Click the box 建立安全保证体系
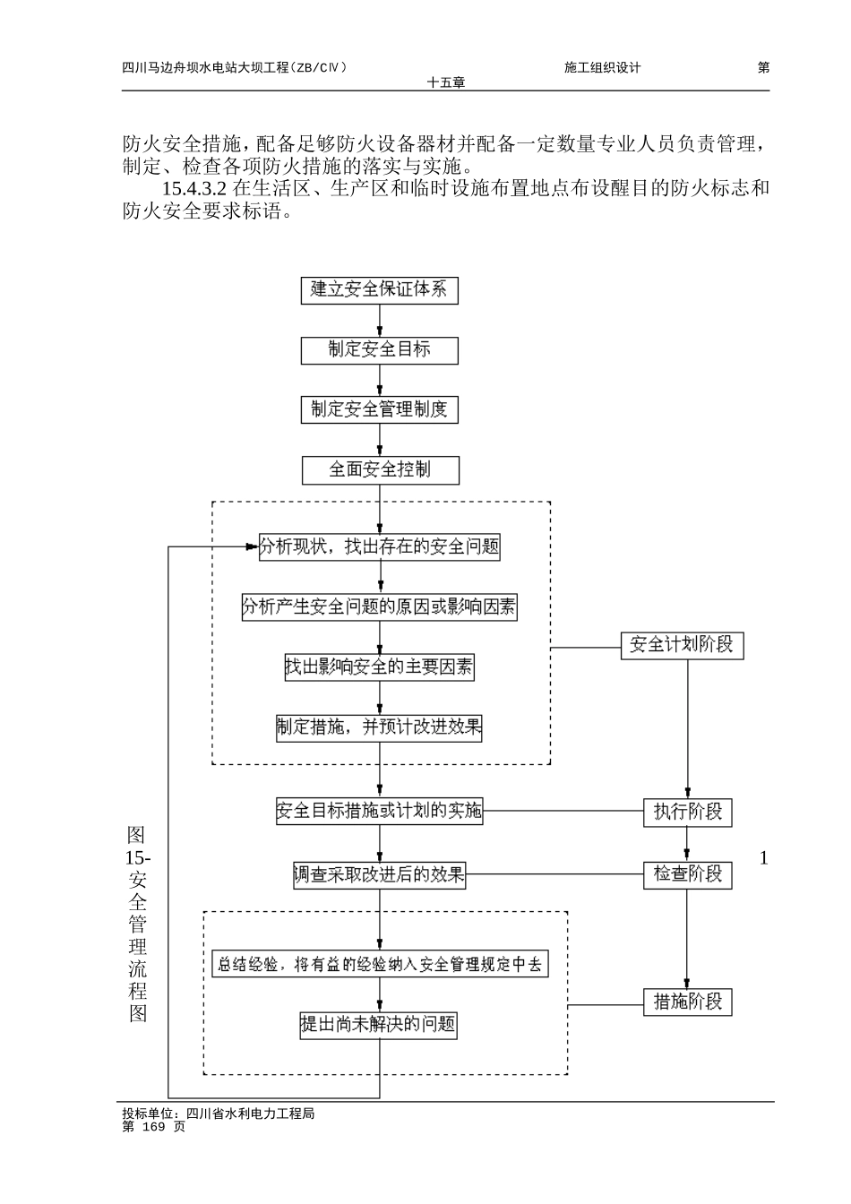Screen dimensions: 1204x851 (x=379, y=289)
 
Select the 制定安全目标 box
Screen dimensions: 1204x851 (x=379, y=349)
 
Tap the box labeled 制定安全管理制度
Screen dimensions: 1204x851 (x=379, y=409)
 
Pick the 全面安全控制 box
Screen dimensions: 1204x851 (x=379, y=469)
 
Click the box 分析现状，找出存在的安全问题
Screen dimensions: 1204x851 (x=379, y=546)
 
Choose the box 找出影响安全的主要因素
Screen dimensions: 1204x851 (x=379, y=666)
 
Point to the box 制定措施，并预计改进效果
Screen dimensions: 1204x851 (x=379, y=727)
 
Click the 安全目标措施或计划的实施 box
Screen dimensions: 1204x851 (x=379, y=812)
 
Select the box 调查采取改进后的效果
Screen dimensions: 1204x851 (x=379, y=874)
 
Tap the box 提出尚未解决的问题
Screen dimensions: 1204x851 (x=379, y=1024)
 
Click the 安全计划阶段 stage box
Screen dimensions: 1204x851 (x=682, y=645)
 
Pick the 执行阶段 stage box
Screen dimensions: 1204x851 (x=687, y=813)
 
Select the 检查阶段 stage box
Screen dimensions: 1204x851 (x=687, y=873)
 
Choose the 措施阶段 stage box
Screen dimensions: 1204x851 (x=687, y=1002)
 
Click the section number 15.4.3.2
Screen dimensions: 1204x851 (x=194, y=189)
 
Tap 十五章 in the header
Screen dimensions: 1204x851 (x=446, y=82)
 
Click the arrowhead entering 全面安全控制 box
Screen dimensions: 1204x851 (x=380, y=451)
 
